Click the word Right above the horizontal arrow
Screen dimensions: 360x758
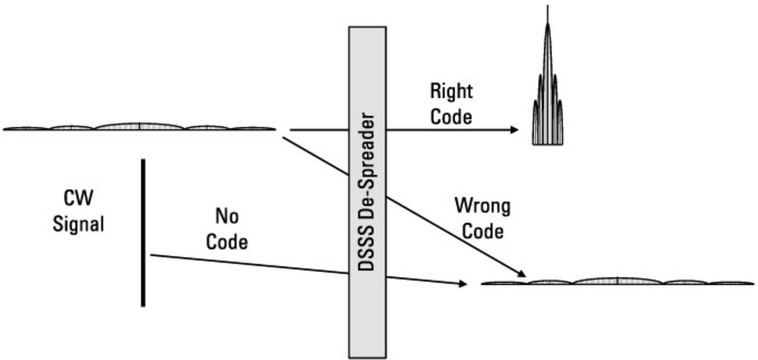[451, 91]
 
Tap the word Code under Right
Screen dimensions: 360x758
[451, 117]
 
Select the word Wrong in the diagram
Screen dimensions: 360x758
[482, 206]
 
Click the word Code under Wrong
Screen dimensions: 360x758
[482, 231]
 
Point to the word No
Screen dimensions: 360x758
[227, 216]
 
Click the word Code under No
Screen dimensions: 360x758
[227, 242]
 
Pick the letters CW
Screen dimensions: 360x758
[78, 198]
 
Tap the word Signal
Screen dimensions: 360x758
[78, 223]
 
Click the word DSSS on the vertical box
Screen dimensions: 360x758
[367, 251]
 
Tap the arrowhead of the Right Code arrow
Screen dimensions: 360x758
[514, 130]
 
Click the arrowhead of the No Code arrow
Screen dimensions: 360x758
[463, 283]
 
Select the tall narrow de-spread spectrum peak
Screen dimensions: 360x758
[547, 89]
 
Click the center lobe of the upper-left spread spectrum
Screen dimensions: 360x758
[139, 126]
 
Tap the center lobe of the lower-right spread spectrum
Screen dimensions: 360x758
[618, 281]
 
